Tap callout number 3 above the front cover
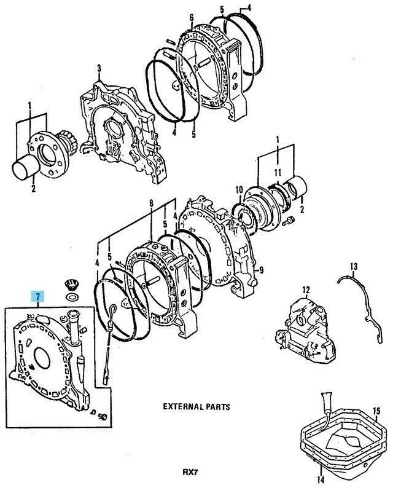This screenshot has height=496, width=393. [x=98, y=68]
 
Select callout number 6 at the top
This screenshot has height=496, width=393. [x=192, y=17]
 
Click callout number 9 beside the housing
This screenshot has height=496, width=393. [x=261, y=269]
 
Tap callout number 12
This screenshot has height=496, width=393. [x=305, y=289]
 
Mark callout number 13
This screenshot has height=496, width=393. [x=353, y=266]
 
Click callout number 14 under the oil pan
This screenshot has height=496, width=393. [x=319, y=480]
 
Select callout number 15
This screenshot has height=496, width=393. [x=377, y=411]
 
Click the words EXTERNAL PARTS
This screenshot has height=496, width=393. [x=196, y=407]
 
